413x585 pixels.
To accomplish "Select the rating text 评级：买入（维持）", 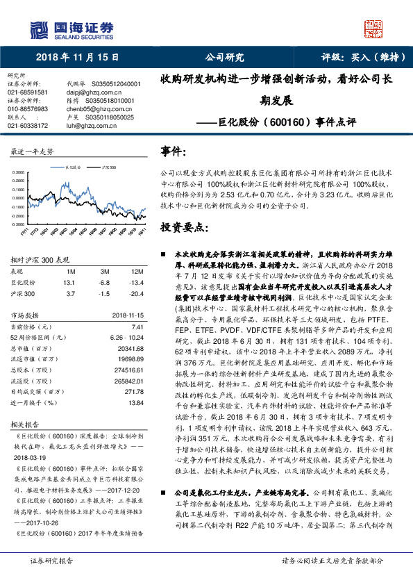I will (358, 58).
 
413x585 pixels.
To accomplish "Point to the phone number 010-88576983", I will (27, 108).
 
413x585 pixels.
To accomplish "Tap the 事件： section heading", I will (174, 151).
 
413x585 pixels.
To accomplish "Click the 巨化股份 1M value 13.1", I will (68, 283).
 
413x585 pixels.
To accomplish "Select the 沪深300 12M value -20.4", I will (137, 295).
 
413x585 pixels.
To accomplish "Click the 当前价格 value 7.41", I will (136, 327).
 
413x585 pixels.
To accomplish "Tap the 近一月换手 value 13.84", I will (135, 402).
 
